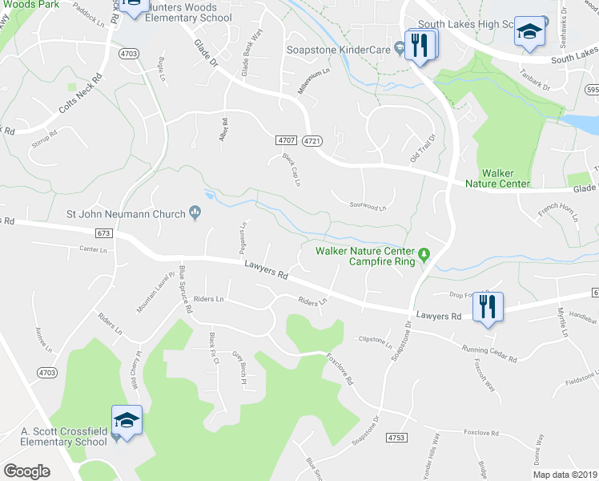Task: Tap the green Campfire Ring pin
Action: [x=425, y=255]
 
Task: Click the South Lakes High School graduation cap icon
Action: [x=529, y=32]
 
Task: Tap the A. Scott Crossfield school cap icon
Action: [x=127, y=420]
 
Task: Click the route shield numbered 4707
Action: [x=287, y=140]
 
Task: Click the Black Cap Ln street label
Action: [x=291, y=170]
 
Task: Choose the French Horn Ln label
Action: [x=557, y=212]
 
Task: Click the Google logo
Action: [x=26, y=471]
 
